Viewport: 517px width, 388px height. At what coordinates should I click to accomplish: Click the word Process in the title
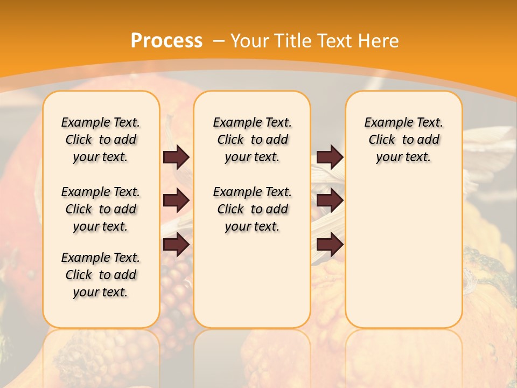coord(166,41)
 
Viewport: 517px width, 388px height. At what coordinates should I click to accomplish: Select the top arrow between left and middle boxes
coord(177,157)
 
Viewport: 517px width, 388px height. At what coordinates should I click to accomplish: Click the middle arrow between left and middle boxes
coord(177,201)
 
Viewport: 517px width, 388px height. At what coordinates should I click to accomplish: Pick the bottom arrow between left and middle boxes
coord(177,245)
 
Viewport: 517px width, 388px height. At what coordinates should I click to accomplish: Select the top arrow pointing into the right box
coord(330,157)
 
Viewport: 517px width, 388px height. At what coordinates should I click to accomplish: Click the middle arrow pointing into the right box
coord(330,201)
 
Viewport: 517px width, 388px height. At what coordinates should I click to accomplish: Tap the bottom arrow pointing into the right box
coord(330,245)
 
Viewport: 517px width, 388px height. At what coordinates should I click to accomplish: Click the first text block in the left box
coord(101,140)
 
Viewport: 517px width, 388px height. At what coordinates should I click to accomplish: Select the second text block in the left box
coord(101,209)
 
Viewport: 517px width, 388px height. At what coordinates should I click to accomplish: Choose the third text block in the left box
coord(101,275)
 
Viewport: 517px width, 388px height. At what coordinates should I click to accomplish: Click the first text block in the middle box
coord(252,140)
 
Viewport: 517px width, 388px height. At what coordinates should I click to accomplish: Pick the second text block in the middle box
coord(252,209)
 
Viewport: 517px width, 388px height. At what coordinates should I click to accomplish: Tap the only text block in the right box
coord(403,140)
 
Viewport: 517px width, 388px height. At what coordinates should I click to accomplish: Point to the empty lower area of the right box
coord(403,253)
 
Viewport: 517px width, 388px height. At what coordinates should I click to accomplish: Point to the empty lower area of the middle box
coord(252,280)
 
